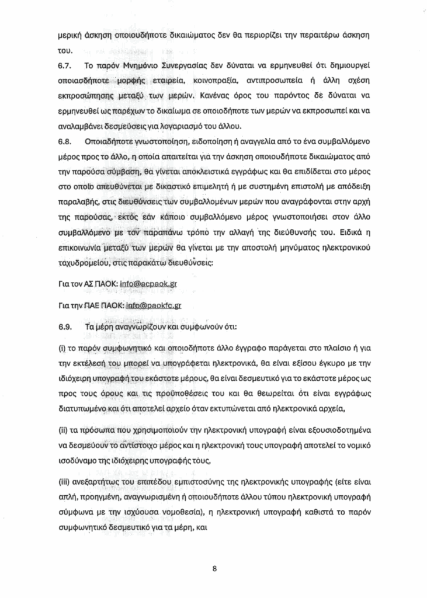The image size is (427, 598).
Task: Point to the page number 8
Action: (214, 567)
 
